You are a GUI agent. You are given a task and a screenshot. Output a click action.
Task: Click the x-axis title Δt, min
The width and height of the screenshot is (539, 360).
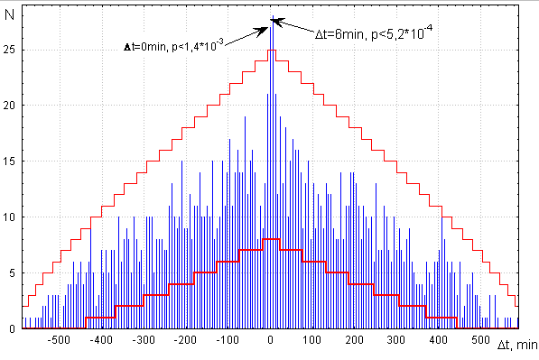point(517,344)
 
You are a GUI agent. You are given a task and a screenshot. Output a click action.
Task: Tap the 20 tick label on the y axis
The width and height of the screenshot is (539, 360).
point(10,105)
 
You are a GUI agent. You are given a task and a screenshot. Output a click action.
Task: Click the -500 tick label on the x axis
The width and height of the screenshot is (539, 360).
point(59,341)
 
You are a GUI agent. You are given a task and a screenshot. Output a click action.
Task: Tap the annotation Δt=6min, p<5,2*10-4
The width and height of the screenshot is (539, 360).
point(372,33)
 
